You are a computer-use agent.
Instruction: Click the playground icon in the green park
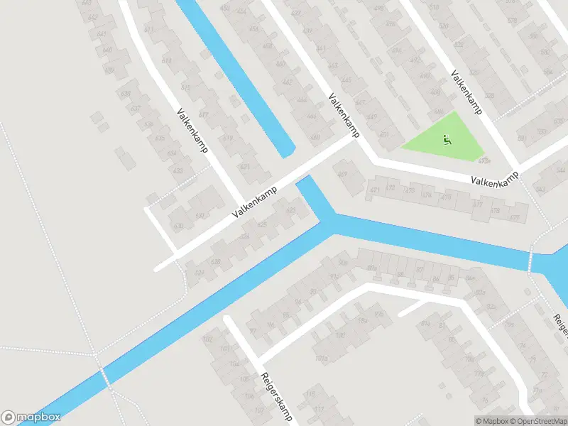[447, 140]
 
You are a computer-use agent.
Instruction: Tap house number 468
[315, 137]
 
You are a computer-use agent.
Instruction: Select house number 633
[177, 171]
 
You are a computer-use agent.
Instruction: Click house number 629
[199, 273]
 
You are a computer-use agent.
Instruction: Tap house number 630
[177, 226]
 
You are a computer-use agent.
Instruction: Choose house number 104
[234, 363]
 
